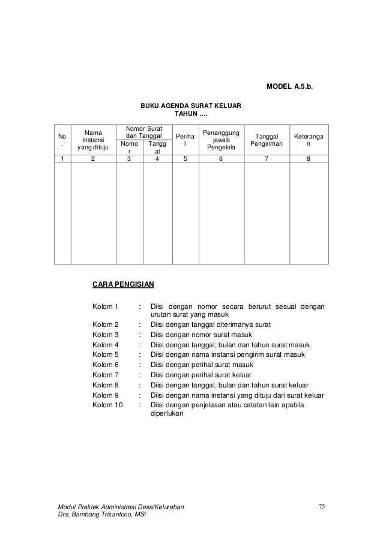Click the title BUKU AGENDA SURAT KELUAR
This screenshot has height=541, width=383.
click(x=191, y=106)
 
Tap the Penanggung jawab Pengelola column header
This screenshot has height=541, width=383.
click(x=221, y=139)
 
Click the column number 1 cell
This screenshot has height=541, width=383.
click(x=62, y=159)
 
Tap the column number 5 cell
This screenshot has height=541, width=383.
click(x=185, y=159)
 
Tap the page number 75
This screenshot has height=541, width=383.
click(x=321, y=507)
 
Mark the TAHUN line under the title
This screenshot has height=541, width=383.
click(x=191, y=113)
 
